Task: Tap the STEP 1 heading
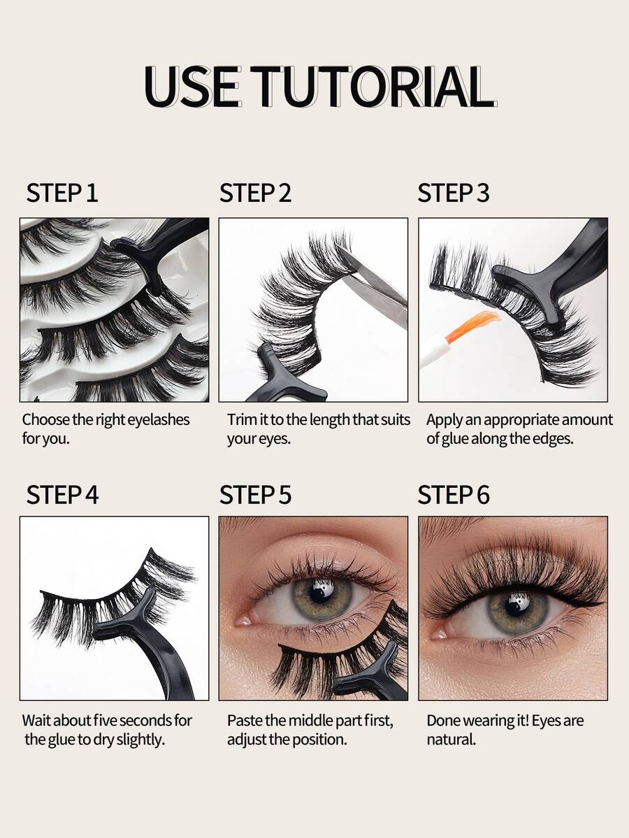tap(62, 193)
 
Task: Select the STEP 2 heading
tap(256, 193)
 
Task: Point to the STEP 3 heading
tap(453, 193)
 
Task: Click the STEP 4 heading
tap(62, 494)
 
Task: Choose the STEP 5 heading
tap(256, 494)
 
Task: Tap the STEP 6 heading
tap(453, 494)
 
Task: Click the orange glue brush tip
tap(472, 326)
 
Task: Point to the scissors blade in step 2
tap(374, 286)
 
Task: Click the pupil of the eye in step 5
tap(321, 592)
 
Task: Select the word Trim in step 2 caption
tap(242, 419)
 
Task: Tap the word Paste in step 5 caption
tap(245, 721)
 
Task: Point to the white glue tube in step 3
tap(432, 349)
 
